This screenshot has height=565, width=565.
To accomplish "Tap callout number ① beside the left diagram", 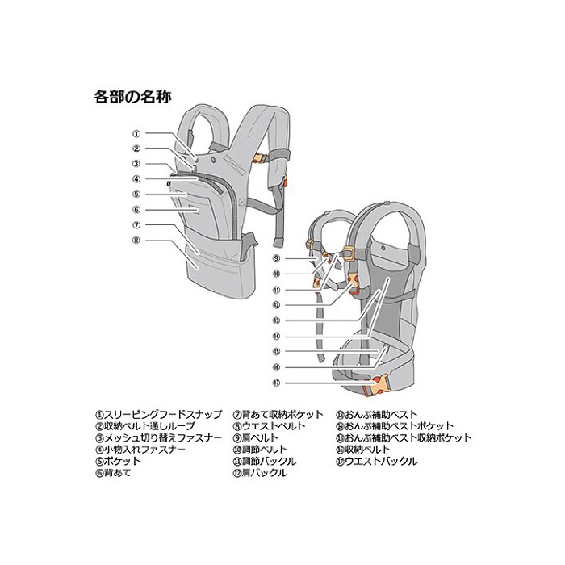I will (x=137, y=133).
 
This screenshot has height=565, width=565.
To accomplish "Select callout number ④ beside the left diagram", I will (x=137, y=179).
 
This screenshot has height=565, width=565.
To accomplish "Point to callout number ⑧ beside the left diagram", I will (x=137, y=240).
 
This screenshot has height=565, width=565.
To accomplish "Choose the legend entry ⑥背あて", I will (x=112, y=473).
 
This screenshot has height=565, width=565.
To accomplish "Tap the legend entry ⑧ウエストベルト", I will (x=269, y=426).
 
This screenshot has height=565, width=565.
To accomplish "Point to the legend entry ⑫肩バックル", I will (x=259, y=473).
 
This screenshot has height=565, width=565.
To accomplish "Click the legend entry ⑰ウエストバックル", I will (x=377, y=461).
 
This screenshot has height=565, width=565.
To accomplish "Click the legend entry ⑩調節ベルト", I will (x=259, y=450).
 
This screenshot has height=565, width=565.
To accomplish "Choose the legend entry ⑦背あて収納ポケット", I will (x=278, y=414).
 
